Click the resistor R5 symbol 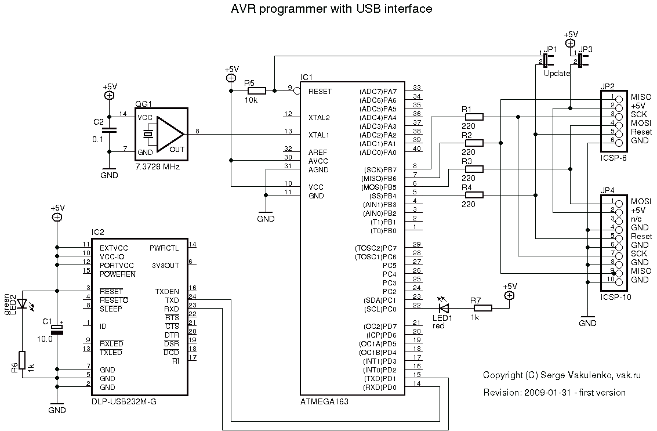[256, 91]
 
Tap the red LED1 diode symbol [444, 309]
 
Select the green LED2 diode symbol [22, 303]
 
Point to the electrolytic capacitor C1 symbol [57, 329]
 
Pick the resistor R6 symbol [22, 360]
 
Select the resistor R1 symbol [474, 117]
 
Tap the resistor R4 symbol [474, 195]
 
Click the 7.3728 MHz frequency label [157, 166]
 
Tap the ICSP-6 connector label [614, 158]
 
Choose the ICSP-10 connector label [616, 297]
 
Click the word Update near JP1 [557, 74]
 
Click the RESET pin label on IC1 [320, 92]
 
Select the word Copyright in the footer [503, 375]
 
